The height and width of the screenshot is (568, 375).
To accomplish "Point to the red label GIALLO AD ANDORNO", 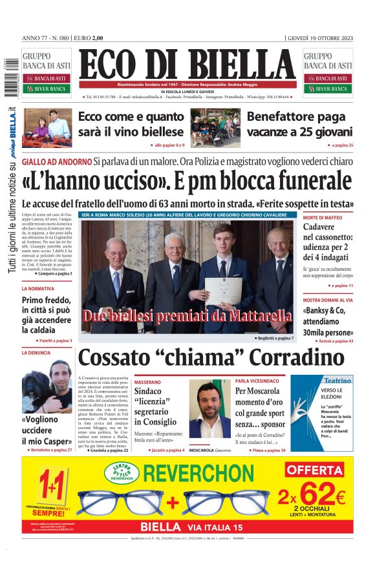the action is (x=56, y=160).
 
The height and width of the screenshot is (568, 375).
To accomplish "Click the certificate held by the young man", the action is (x=224, y=290).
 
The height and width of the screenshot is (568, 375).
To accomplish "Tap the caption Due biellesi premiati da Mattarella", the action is (x=187, y=316).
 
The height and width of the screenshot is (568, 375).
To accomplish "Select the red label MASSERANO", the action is (x=148, y=382).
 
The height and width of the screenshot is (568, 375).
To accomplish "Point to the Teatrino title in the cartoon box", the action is (x=337, y=381).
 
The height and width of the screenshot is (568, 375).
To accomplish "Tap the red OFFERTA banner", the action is (x=314, y=469).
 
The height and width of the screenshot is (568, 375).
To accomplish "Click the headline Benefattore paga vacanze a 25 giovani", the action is (x=299, y=125).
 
